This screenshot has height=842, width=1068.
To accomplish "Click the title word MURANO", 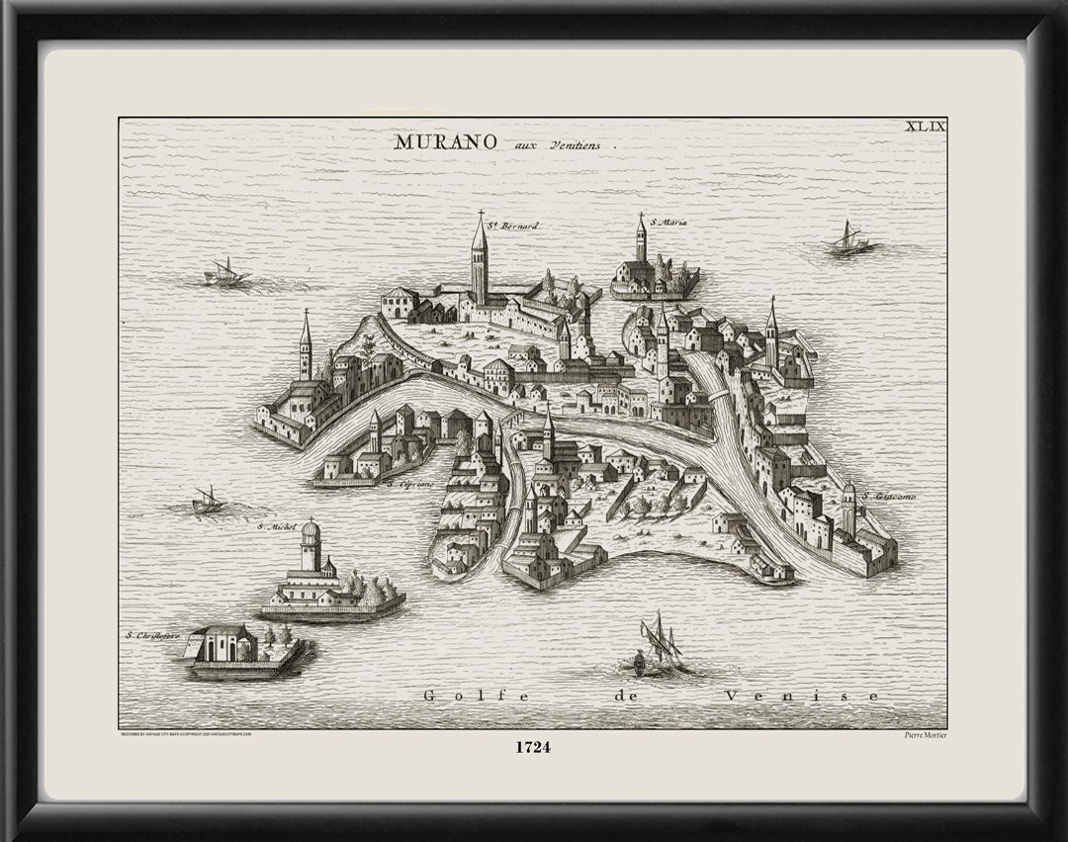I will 445,141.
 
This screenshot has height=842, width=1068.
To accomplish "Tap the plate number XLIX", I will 927,126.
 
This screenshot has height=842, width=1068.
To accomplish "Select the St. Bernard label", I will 514,226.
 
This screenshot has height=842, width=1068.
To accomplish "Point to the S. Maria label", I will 668,223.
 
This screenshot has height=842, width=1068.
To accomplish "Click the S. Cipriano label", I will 410,485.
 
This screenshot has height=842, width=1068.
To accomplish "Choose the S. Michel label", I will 277,526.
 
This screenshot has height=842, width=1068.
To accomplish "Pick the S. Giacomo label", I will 888,496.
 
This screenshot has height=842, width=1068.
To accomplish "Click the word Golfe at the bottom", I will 458,696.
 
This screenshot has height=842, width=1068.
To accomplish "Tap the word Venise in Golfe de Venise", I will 801,696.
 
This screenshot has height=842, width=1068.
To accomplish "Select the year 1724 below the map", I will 532,747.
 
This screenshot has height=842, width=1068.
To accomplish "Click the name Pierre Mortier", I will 926,734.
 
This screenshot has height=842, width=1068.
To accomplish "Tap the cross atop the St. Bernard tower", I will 482,213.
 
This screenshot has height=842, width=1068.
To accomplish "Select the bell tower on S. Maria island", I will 641,239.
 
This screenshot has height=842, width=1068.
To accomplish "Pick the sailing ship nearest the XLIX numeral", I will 847,239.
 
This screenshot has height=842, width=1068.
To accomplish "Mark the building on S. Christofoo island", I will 222,644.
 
